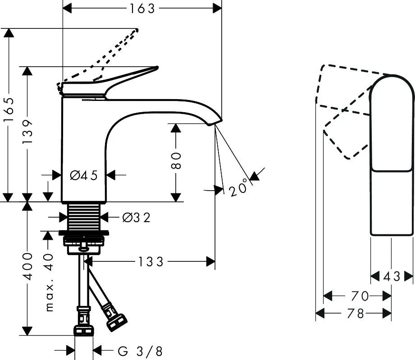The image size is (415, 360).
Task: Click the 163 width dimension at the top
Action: (142, 8)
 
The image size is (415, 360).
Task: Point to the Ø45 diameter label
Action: (84, 175)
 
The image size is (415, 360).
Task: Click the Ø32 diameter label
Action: (136, 218)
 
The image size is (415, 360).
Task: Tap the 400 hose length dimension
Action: (28, 267)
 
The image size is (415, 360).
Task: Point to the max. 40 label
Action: (49, 282)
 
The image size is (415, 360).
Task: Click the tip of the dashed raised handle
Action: (136, 31)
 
